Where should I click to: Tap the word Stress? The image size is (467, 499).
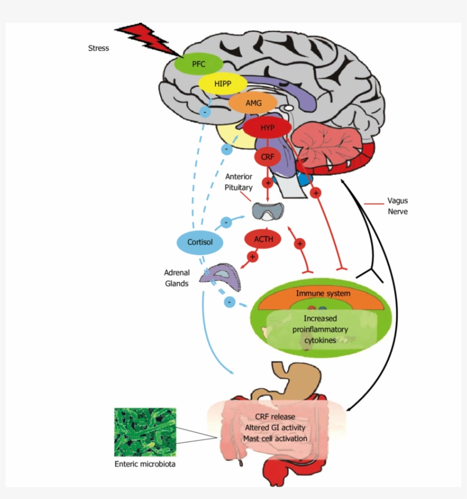click(x=98, y=48)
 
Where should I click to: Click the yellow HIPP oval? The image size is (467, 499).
click(x=222, y=84)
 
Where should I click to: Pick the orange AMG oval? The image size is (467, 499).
click(x=253, y=103)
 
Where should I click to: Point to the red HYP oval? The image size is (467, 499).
click(x=267, y=127)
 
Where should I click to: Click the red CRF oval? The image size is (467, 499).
click(x=267, y=155)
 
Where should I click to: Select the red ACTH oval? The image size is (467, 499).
click(x=263, y=239)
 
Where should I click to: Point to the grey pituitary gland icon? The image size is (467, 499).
click(x=267, y=212)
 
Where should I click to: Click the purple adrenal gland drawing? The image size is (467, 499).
click(x=220, y=275)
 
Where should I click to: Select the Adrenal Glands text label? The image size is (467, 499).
click(x=177, y=278)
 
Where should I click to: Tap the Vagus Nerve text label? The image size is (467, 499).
click(x=398, y=206)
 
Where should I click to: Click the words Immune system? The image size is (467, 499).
click(x=323, y=293)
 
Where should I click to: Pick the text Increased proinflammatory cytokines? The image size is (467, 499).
click(x=320, y=329)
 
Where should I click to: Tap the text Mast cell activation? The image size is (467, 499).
click(x=275, y=438)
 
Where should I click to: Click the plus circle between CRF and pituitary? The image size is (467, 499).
click(x=267, y=183)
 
